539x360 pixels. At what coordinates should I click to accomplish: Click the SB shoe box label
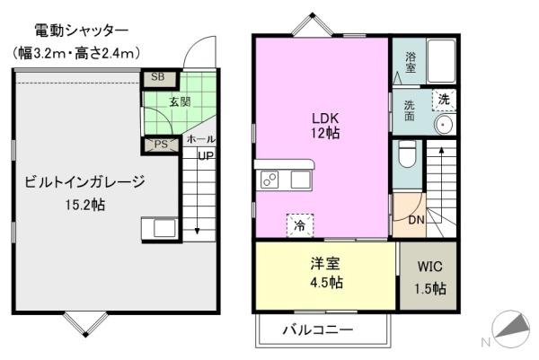[157, 77]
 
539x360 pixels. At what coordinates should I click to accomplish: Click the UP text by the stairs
[206, 154]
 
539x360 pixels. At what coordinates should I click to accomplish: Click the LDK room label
[325, 117]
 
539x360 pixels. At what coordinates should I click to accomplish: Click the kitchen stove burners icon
[270, 180]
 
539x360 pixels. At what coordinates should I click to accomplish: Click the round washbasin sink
[442, 124]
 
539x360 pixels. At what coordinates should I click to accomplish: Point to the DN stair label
[416, 220]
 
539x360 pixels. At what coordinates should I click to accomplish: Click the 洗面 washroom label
[409, 110]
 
